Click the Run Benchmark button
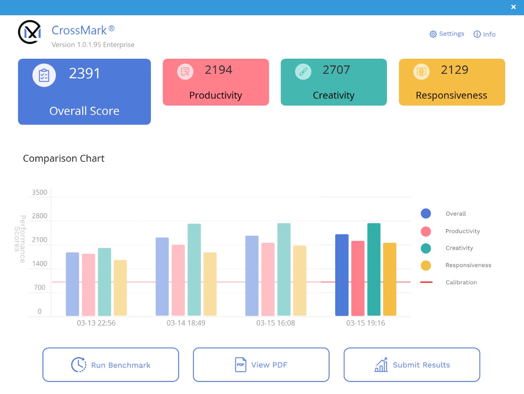click(111, 365)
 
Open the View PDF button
click(261, 365)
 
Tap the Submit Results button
click(412, 365)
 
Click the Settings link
click(447, 34)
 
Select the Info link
click(485, 34)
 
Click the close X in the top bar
click(513, 7)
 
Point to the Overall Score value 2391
click(85, 73)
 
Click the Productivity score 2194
click(218, 70)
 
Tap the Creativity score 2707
click(336, 70)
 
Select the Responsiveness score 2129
click(454, 70)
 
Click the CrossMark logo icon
click(30, 32)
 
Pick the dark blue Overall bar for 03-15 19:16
click(342, 275)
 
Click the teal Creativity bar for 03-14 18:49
click(194, 269)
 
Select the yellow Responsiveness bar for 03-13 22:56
click(120, 288)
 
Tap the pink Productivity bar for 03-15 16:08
click(268, 279)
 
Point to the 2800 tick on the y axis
click(39, 216)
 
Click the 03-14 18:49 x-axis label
click(186, 323)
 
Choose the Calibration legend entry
click(461, 282)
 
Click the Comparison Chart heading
click(64, 158)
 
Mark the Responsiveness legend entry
click(468, 265)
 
